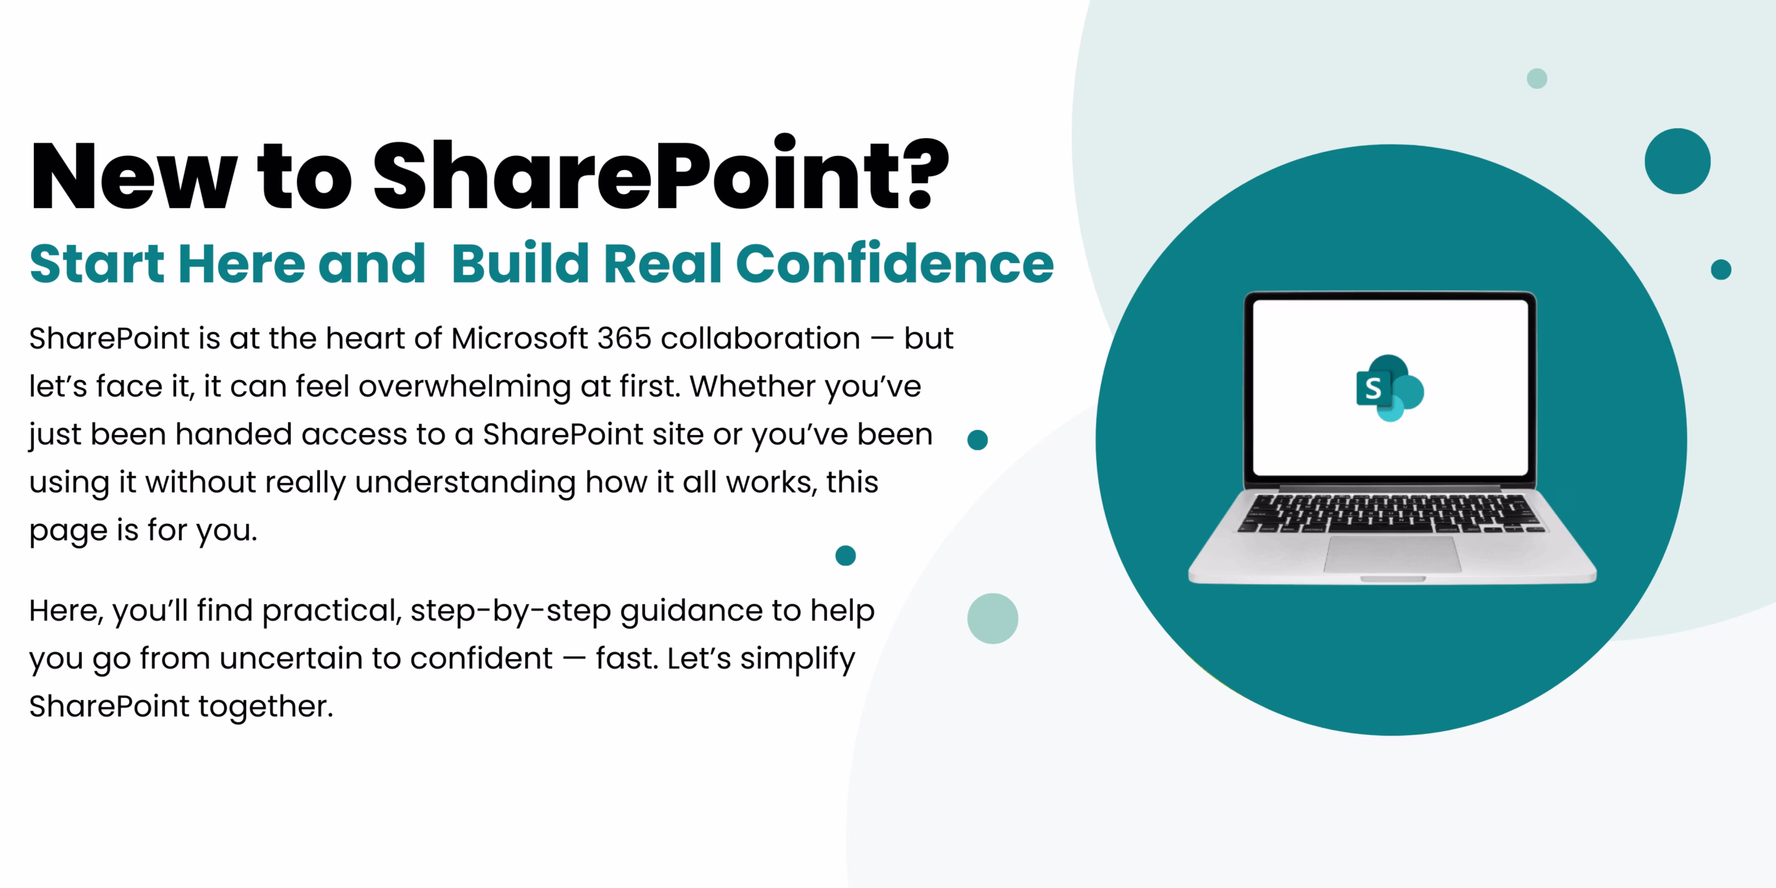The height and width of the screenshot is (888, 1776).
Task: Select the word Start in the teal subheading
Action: point(96,264)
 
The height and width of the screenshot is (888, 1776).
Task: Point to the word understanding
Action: point(466,482)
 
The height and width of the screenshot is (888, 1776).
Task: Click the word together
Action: point(266,707)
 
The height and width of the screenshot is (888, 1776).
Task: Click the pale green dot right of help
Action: point(992,618)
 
